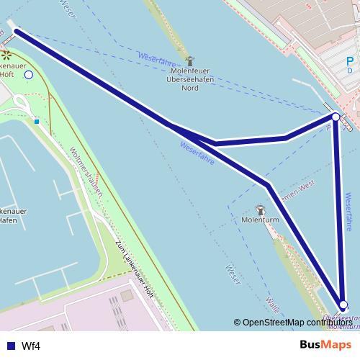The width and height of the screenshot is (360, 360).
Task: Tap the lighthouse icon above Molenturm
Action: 259,208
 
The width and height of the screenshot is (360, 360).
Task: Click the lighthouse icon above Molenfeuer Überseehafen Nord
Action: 189,61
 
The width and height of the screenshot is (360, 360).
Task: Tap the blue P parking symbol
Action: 350,60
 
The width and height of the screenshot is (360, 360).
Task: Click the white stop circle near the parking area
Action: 336,116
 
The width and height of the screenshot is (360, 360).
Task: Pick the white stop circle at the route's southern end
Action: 343,305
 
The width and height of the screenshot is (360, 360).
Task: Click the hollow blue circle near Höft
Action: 29,74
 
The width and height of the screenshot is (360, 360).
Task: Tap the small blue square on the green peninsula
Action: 36,122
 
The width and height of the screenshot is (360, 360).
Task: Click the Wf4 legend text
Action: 31,346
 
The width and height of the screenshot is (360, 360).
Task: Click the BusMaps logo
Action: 325,345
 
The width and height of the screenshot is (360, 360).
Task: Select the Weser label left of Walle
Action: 232,275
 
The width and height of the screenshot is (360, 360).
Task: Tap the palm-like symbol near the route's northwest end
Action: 6,53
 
